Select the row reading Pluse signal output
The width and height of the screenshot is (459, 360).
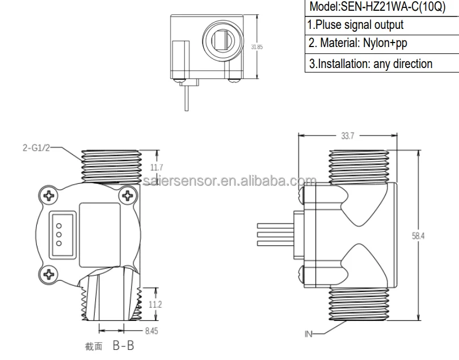356,25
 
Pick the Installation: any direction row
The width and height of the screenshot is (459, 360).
369,63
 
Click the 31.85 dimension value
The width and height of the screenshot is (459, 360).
256,47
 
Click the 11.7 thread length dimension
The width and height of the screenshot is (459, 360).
156,167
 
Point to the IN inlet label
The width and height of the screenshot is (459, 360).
308,334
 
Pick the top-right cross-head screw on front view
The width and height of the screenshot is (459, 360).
128,196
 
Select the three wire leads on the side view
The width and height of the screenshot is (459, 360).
273,234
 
